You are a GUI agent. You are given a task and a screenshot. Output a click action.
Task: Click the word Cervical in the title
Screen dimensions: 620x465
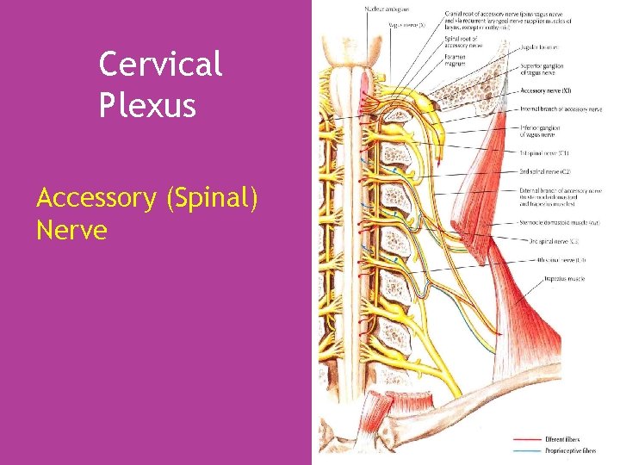(160, 64)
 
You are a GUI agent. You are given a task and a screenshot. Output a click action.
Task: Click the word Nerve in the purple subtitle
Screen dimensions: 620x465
(71, 230)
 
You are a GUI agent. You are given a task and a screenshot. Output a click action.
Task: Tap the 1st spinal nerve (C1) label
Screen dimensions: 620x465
(544, 152)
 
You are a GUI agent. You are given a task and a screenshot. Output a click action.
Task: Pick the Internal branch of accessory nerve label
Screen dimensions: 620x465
(561, 109)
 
